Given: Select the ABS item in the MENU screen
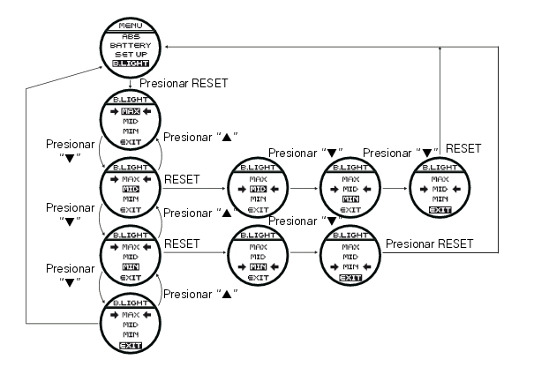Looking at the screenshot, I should point(133,35).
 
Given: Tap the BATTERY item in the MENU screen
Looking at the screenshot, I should point(133,45).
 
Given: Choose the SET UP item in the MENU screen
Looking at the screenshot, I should point(133,55).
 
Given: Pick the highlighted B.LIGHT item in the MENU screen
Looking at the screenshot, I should point(133,64).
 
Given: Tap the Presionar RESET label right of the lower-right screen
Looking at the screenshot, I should point(435,243).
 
